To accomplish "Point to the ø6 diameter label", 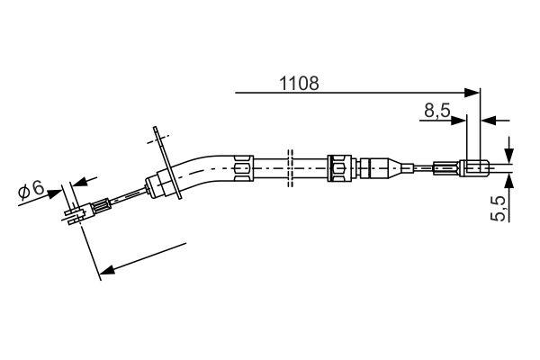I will pos(31,189).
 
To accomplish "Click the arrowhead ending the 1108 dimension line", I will pos(474,91).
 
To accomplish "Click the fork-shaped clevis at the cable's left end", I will pos(76,214).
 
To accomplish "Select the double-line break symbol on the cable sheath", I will pos(289,167).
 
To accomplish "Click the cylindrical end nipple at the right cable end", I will pos(474,166).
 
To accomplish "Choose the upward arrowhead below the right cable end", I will pos(509,180).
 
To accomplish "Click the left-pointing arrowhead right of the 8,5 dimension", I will pos(488,118).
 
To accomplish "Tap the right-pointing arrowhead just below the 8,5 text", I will pos(461,118).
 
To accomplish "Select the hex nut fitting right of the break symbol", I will pos(338,167).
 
